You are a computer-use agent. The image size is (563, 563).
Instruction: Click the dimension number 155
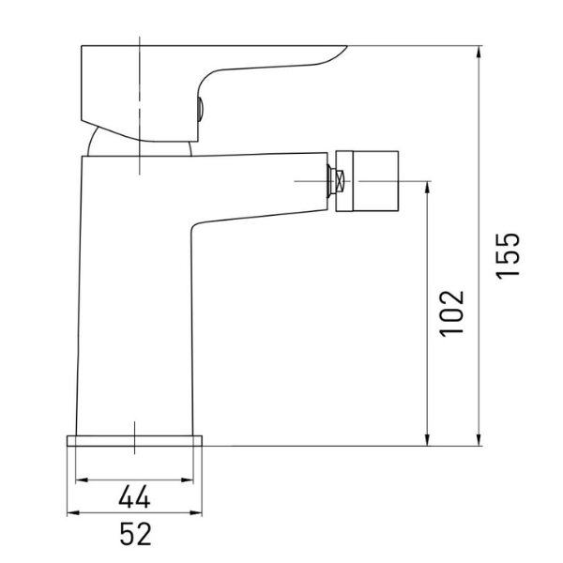[x=508, y=255]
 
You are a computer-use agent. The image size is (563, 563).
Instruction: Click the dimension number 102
[x=452, y=313]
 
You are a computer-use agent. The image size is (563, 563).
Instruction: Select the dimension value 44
[x=134, y=496]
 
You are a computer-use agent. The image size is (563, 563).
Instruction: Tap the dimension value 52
[x=135, y=534]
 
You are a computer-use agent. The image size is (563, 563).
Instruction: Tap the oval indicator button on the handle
[x=200, y=109]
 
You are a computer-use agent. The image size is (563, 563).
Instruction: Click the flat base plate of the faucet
[x=134, y=441]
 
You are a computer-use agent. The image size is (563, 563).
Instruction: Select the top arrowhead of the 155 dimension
[x=479, y=53]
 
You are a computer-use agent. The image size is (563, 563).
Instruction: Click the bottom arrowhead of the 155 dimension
[x=479, y=439]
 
